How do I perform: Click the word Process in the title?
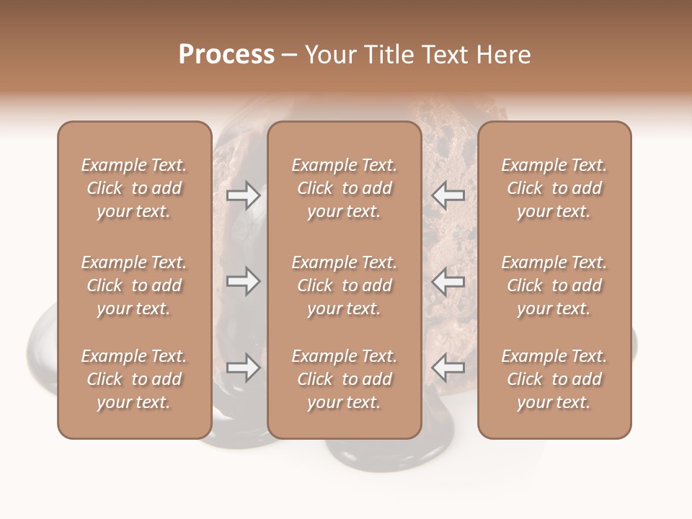click(226, 55)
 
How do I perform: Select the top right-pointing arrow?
click(243, 195)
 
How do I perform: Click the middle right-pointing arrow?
click(243, 281)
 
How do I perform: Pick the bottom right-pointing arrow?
click(243, 368)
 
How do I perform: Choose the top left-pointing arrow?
click(448, 195)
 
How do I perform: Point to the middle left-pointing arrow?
click(448, 281)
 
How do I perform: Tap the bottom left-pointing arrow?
click(448, 368)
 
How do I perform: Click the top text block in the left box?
click(134, 188)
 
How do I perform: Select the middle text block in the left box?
click(134, 285)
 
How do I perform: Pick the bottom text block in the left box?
click(134, 379)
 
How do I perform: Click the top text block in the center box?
click(345, 188)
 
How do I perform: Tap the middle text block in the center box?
click(345, 285)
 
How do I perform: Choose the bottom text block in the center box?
click(345, 379)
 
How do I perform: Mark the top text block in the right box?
click(554, 188)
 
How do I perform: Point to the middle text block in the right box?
click(554, 285)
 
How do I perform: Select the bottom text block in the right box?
click(554, 379)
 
